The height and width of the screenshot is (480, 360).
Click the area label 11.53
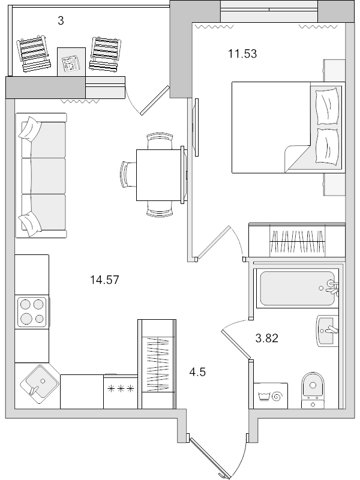(242, 54)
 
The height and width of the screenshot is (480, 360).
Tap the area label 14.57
(104, 280)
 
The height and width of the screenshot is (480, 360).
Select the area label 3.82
(266, 338)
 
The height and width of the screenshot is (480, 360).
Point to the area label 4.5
(197, 372)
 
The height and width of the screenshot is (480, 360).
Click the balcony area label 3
(61, 21)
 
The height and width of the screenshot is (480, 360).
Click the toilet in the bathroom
(313, 391)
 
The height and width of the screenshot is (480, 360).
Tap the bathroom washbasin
(328, 331)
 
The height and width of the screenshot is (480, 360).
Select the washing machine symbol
(271, 395)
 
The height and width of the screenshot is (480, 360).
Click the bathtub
(297, 289)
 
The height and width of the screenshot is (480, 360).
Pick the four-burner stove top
(32, 312)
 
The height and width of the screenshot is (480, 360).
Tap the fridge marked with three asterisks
(121, 391)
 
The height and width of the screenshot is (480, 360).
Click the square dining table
(160, 175)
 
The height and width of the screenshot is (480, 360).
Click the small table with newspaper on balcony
(71, 62)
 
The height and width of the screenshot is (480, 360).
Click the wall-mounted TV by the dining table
(196, 127)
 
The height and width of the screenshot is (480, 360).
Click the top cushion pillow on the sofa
(30, 128)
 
